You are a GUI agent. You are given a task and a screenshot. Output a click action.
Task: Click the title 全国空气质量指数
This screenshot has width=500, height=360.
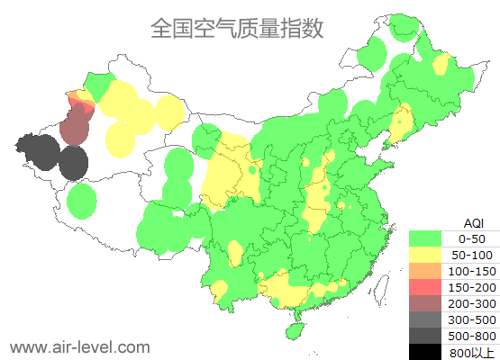coord(237,29)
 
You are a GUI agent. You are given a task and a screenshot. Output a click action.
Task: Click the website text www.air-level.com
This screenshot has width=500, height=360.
coord(79,346)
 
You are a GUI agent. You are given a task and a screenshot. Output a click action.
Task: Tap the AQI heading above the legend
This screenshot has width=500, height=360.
coord(473,222)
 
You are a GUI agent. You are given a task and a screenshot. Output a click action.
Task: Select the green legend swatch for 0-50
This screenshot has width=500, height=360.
coord(428,238)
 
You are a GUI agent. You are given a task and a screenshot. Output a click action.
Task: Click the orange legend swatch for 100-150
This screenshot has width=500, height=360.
coord(428,271)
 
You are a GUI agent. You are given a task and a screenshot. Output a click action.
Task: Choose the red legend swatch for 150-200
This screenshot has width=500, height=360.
coord(428,287)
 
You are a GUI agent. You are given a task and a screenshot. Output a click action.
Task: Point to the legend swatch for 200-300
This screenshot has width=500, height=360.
coord(428,303)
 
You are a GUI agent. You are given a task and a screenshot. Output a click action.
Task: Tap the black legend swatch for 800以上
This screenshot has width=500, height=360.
coord(428,352)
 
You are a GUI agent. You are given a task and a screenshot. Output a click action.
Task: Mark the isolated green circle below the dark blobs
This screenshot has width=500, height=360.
coord(82,201)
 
